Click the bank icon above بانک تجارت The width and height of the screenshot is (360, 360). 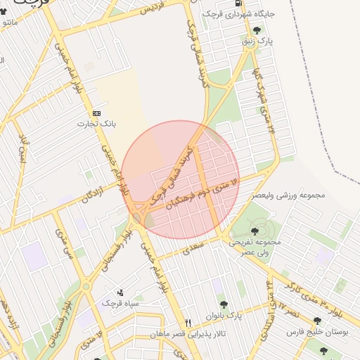[x=96, y=113]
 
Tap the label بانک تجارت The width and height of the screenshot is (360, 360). [x=96, y=124]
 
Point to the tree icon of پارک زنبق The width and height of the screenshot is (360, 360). [x=257, y=30]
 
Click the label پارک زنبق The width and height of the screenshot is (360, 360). [x=257, y=41]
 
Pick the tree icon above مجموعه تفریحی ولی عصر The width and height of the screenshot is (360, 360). [x=255, y=231]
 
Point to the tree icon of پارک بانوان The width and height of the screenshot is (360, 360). [x=224, y=305]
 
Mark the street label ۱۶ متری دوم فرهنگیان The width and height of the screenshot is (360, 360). [x=204, y=193]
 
